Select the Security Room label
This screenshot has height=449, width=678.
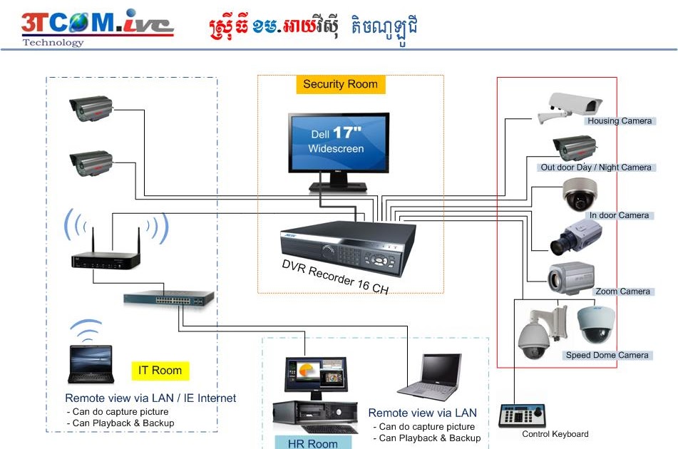[340, 84]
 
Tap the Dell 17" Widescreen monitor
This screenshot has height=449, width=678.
[339, 147]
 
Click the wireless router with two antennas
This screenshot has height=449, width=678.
[105, 257]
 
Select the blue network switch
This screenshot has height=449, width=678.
[168, 298]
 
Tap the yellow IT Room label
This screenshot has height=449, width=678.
[160, 370]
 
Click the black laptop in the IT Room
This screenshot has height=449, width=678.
[90, 363]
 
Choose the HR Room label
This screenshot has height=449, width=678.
[312, 443]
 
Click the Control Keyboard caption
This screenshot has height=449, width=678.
[555, 434]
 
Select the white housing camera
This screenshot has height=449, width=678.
[570, 107]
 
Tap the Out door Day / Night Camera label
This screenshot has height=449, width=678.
[595, 167]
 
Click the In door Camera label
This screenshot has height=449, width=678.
[618, 215]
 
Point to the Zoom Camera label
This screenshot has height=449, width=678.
[622, 291]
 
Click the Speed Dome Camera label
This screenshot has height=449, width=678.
[607, 355]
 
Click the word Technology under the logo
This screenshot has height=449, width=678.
[53, 42]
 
